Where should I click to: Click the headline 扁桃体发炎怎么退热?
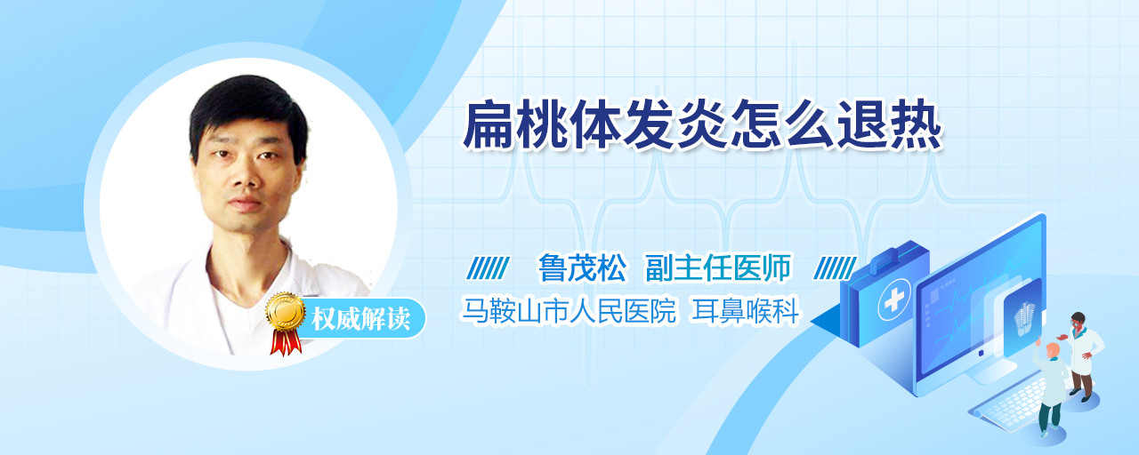coord(703,125)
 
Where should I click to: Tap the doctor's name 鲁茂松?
coord(582,267)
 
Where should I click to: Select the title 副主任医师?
coord(718,267)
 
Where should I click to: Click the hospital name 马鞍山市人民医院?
coord(569,310)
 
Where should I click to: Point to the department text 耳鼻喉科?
coord(745,310)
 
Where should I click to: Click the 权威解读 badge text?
coord(361,319)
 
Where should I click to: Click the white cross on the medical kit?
coord(893,300)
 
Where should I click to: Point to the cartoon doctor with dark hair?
coord(1083,355)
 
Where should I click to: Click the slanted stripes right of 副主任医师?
coord(835,268)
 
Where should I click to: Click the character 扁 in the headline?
coord(489,125)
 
